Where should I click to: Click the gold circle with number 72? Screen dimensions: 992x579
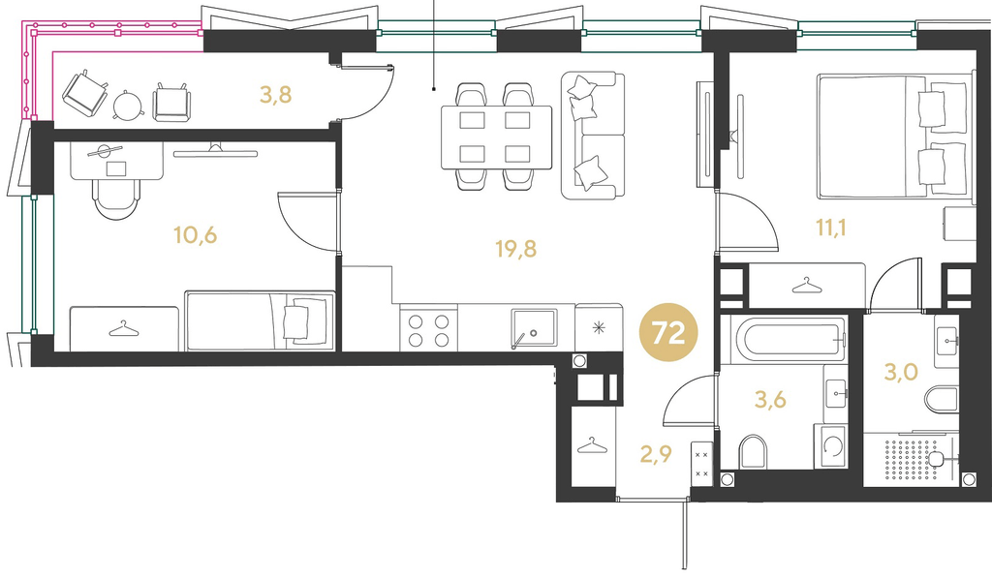(x=668, y=332)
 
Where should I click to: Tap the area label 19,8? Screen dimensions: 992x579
(x=515, y=249)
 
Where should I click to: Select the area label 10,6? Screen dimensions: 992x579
(x=196, y=236)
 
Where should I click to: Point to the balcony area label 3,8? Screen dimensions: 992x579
(x=275, y=95)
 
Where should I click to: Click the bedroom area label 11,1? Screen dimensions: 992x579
(x=830, y=227)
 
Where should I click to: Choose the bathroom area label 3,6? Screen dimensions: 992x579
(x=770, y=400)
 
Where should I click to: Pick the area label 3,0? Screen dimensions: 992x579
(x=900, y=373)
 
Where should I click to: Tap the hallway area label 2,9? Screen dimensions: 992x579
(x=656, y=454)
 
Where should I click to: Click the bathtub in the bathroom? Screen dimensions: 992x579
(x=789, y=340)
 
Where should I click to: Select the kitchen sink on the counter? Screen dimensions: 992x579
(x=534, y=328)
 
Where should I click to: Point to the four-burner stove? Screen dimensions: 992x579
(x=428, y=329)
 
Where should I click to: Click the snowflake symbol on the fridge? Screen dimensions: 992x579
(x=598, y=327)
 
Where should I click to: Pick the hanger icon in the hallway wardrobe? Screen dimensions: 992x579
(x=592, y=445)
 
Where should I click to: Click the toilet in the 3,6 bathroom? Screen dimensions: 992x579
(x=752, y=451)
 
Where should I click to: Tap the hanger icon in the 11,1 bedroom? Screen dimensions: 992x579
(x=807, y=286)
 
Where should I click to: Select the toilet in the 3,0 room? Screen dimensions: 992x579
(x=942, y=400)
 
